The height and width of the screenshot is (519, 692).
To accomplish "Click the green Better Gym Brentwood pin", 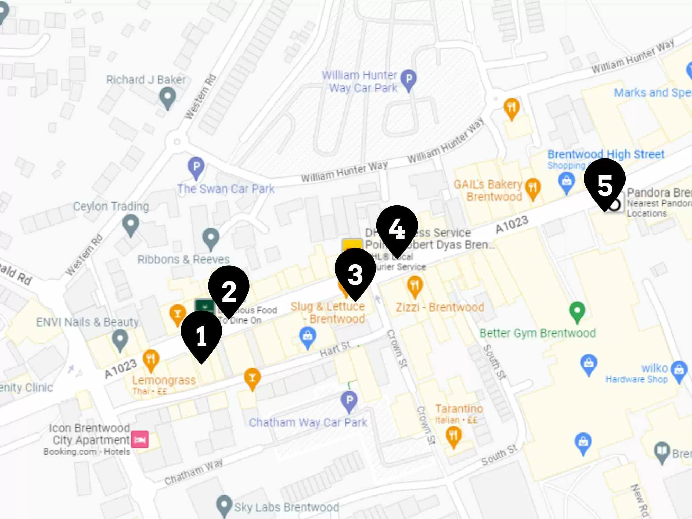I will tap(577, 311).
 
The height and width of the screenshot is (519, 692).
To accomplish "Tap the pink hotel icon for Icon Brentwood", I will tap(140, 439).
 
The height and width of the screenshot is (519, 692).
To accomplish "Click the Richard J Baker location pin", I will tap(168, 97).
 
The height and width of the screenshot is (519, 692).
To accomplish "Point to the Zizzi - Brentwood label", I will tap(439, 307).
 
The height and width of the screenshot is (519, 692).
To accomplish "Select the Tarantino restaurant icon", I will tap(453, 436).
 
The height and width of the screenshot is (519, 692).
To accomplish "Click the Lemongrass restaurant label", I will tap(164, 380).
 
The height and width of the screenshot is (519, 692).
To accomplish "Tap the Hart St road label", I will tap(335, 349).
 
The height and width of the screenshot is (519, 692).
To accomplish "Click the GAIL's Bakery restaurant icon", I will tap(533, 188).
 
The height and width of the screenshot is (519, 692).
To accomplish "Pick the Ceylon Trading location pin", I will tap(131, 225).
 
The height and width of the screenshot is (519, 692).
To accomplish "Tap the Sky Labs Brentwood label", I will tap(286, 507).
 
